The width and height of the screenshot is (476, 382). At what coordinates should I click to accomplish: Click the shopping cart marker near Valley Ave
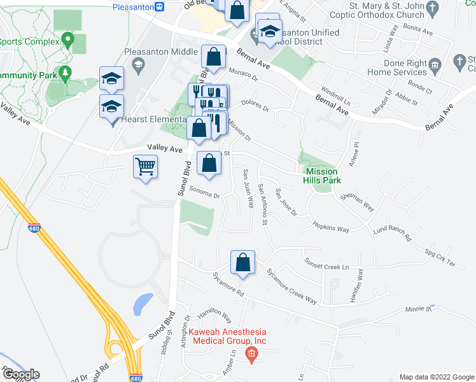click(x=146, y=168)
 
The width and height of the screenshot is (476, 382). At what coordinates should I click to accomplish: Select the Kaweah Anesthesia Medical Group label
click(x=227, y=337)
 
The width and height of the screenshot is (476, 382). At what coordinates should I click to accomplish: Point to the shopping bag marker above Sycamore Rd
click(x=242, y=263)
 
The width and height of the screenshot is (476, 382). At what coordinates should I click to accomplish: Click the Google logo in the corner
click(x=20, y=375)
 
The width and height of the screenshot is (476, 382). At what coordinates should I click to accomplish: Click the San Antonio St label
click(x=263, y=204)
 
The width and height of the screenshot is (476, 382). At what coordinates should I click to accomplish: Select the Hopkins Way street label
click(x=330, y=227)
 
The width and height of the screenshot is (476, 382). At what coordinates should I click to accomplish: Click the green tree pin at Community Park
click(x=66, y=74)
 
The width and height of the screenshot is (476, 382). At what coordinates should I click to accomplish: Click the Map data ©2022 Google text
click(x=437, y=377)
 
